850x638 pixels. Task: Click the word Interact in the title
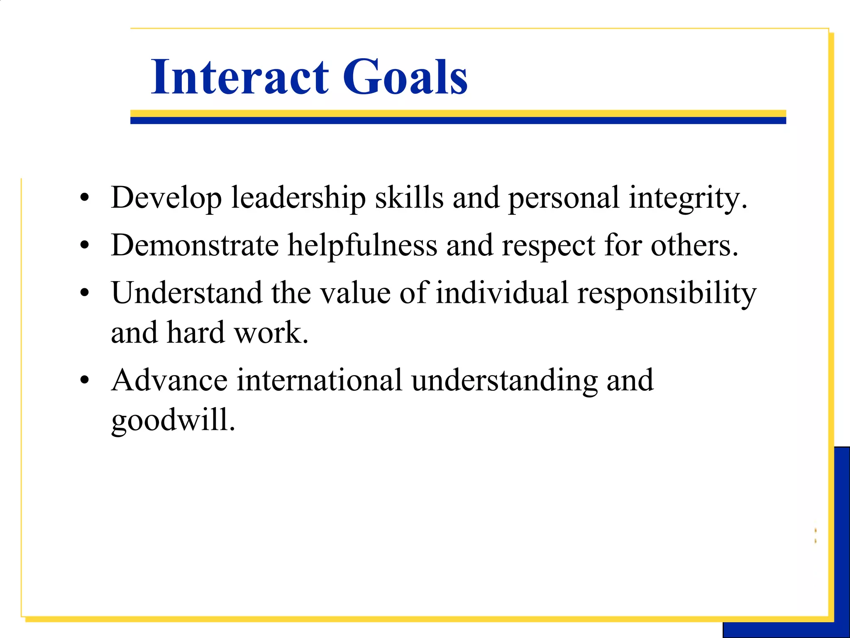click(240, 77)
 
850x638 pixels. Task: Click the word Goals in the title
click(405, 77)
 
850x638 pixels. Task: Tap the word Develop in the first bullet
click(166, 198)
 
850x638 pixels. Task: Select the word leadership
click(298, 198)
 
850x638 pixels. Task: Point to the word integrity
click(687, 198)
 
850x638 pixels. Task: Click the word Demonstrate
click(195, 245)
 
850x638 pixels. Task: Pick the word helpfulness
click(362, 245)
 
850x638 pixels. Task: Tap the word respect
click(549, 245)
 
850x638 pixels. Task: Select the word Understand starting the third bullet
click(187, 293)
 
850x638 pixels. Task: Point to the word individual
click(502, 293)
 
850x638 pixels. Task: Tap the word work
click(271, 333)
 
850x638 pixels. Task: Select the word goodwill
click(173, 420)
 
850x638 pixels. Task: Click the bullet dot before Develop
click(85, 199)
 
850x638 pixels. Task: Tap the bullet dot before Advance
click(85, 380)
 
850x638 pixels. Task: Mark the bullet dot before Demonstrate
click(85, 246)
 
